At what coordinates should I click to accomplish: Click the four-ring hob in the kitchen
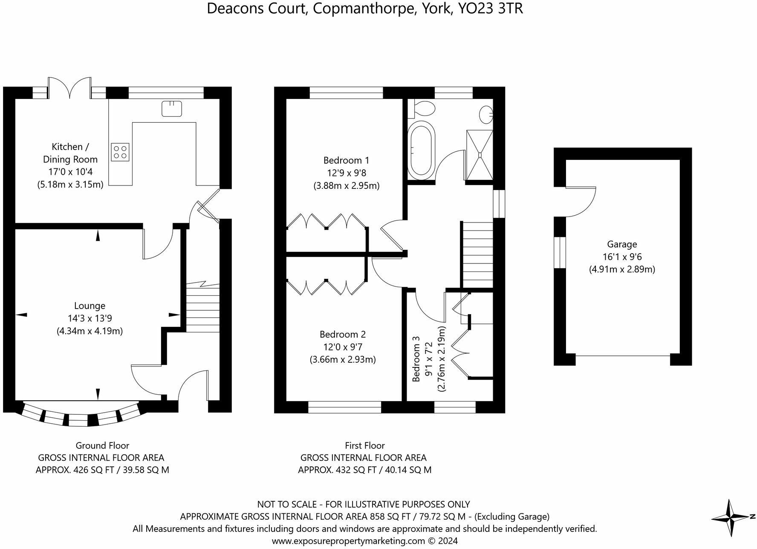(120, 152)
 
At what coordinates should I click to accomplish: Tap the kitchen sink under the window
(172, 109)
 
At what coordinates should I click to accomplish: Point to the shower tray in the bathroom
(480, 155)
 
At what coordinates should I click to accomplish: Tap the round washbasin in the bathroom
(486, 114)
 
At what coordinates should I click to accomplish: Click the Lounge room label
(90, 306)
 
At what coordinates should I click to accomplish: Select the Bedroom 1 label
(346, 160)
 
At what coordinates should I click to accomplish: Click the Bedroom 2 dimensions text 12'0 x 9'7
(343, 347)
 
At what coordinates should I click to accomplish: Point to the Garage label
(622, 244)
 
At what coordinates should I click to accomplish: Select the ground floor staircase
(202, 306)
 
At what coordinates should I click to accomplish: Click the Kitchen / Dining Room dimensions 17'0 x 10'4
(70, 172)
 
